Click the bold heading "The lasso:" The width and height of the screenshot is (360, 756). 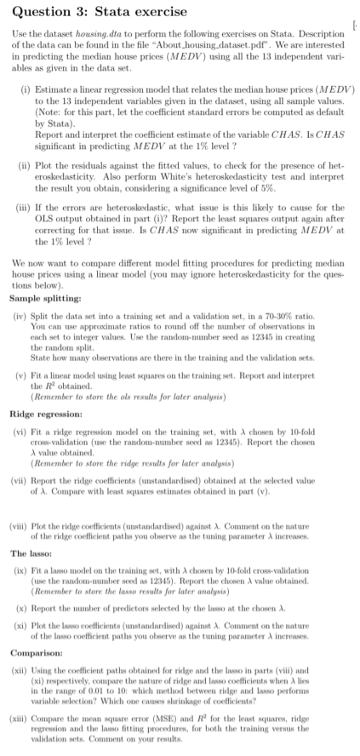tap(33, 546)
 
